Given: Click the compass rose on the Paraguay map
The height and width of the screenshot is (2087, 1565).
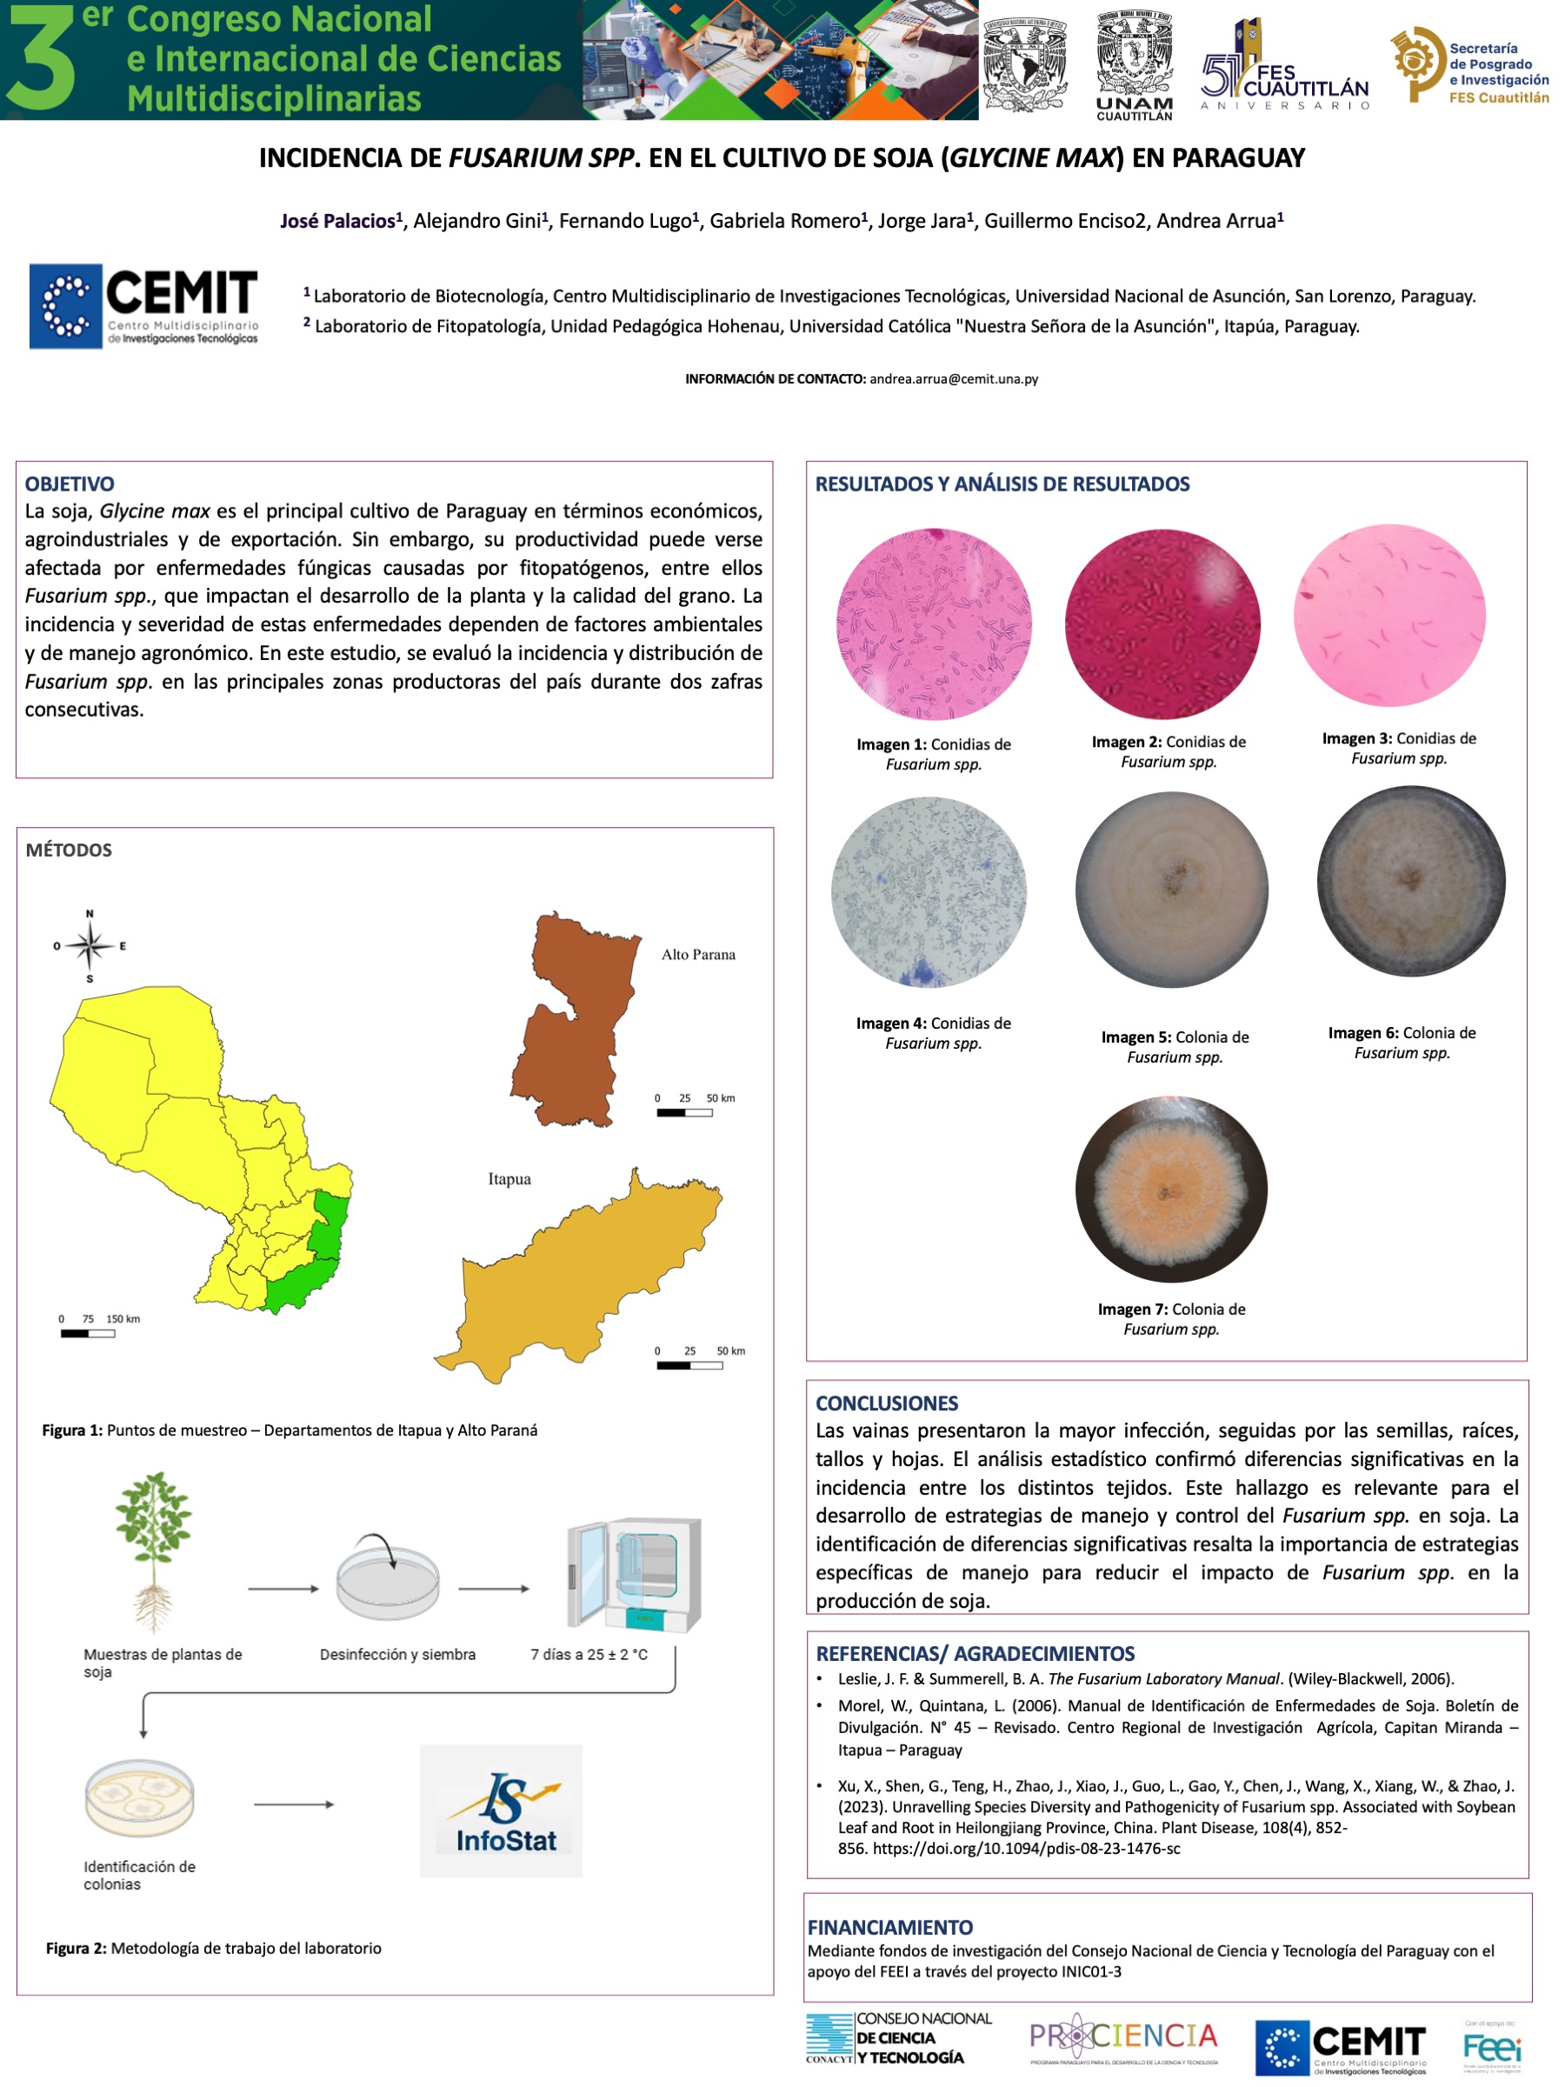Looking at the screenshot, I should click(90, 945).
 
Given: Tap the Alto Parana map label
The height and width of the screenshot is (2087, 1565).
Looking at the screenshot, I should click(698, 955).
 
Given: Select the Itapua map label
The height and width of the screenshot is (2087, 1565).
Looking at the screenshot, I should click(509, 1179).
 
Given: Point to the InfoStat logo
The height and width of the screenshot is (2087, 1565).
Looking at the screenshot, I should click(501, 1810).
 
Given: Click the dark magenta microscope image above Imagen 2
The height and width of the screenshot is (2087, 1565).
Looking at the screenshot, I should click(1162, 623).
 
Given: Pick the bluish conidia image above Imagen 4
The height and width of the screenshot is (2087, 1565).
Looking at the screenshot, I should click(929, 892).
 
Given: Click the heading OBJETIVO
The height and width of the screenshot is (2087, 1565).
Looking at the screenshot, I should click(70, 484).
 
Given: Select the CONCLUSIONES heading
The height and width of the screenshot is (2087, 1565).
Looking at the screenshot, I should click(887, 1403).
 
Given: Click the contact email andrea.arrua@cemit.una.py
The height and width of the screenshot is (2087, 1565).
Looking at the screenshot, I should click(954, 379).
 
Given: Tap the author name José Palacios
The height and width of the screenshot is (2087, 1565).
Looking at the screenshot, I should click(337, 221).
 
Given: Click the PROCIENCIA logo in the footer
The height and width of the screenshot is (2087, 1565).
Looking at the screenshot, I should click(1123, 2041).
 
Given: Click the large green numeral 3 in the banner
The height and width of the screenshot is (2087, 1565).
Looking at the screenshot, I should click(40, 58).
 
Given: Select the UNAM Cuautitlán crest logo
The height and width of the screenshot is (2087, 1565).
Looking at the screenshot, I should click(1135, 64).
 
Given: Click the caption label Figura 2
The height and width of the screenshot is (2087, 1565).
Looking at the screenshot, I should click(75, 1947).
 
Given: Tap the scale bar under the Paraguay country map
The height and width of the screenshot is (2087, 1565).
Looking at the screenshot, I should click(88, 1333).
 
